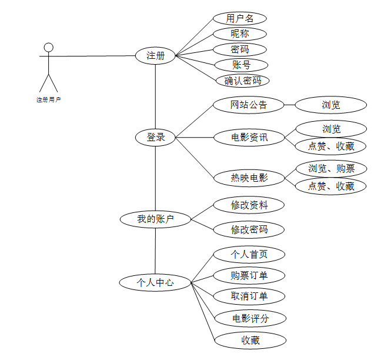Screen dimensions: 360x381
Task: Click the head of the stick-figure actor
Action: [49, 47]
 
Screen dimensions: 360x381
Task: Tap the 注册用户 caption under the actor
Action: [49, 99]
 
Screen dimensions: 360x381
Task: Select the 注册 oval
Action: [155, 56]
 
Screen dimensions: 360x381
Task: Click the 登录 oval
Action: [155, 138]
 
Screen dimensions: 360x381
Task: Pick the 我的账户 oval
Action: [155, 219]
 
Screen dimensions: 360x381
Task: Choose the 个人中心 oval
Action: [155, 282]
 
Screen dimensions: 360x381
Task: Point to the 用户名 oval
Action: [239, 18]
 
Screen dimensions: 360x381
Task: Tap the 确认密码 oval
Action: [239, 81]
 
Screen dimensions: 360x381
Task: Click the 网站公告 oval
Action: [249, 105]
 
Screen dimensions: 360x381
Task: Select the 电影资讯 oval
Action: [249, 138]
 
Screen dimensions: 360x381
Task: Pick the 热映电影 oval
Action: [249, 177]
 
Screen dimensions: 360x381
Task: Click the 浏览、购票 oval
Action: [331, 169]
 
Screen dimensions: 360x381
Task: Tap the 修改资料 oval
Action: [249, 205]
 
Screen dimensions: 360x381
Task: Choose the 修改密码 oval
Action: [249, 229]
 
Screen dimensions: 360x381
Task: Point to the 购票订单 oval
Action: [249, 275]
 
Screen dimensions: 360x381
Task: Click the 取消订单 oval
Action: [249, 296]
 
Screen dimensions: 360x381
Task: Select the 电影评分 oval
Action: [250, 319]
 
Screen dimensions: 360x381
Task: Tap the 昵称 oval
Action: [239, 34]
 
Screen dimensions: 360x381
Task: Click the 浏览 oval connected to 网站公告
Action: [330, 105]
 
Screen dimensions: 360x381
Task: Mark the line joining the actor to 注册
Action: [94, 56]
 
